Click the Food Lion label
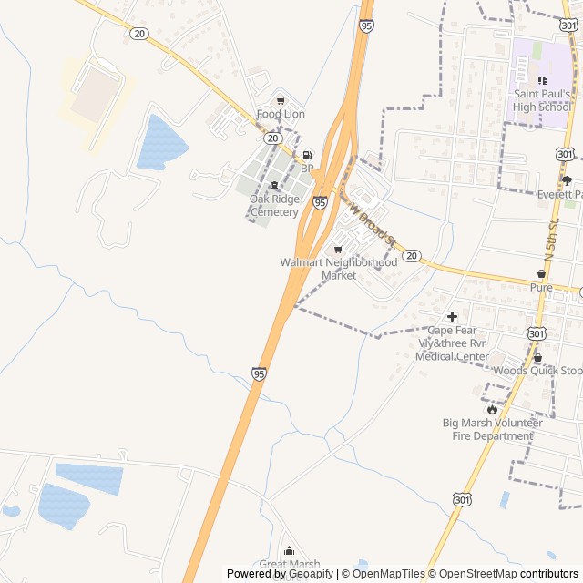[x=280, y=114]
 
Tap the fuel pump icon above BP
[x=307, y=155]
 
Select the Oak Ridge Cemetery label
[x=273, y=206]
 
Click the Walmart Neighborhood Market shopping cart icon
[x=338, y=249]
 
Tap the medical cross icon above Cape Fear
[x=452, y=315]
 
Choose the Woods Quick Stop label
[x=537, y=371]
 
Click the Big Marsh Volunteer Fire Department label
[x=492, y=429]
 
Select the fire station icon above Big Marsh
[x=493, y=409]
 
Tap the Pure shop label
[x=541, y=287]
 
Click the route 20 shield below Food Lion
[x=273, y=138]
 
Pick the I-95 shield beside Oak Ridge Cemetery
[x=320, y=201]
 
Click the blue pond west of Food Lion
[x=161, y=143]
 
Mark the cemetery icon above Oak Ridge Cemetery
[x=274, y=186]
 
